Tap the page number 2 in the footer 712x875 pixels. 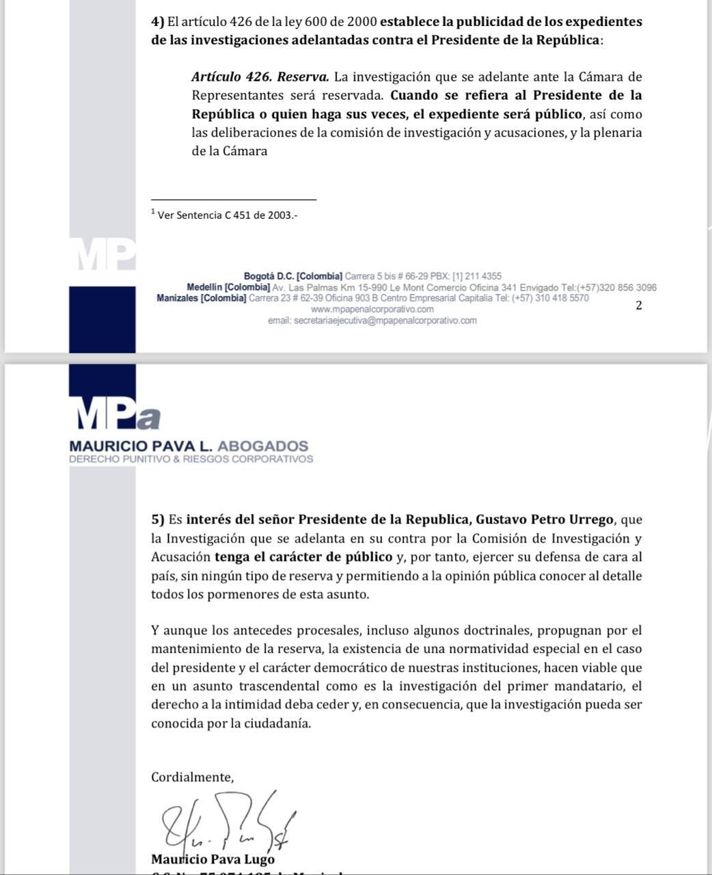point(639,306)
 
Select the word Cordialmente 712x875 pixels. point(192,777)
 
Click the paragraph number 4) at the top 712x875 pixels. point(157,22)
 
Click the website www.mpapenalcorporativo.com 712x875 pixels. point(372,310)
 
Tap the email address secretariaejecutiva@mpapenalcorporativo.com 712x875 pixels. point(372,321)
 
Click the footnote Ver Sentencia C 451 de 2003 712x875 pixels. point(228,215)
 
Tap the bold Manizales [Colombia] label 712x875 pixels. point(201,299)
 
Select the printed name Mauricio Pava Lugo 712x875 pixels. point(213,859)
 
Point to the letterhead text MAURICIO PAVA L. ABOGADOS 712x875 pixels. point(189,446)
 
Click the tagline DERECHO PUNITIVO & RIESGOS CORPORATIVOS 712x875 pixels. point(191,459)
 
